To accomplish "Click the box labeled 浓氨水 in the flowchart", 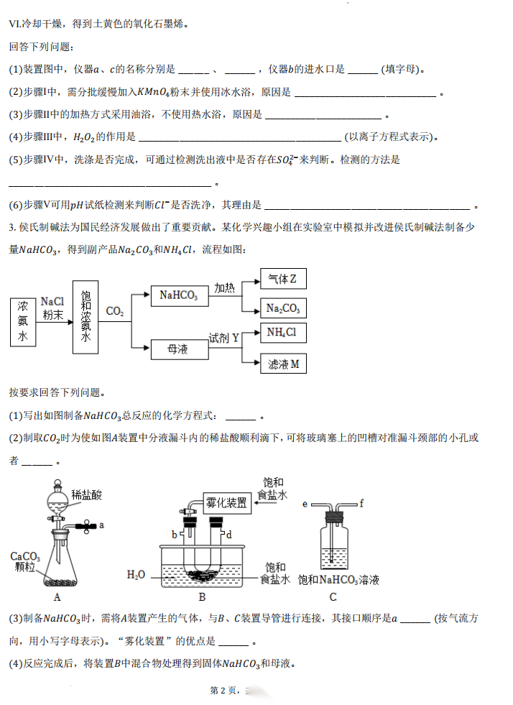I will click(22, 323).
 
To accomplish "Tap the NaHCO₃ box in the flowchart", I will click(178, 295).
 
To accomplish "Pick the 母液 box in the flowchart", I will click(177, 349).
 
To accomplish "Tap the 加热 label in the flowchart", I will click(224, 287).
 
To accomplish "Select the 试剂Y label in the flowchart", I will click(223, 337).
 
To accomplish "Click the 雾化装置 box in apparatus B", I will click(226, 501).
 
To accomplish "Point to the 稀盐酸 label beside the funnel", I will click(87, 494).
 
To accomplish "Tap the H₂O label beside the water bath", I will click(136, 574).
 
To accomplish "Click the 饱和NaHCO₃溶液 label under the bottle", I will click(338, 579).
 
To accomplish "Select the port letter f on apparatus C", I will click(361, 504).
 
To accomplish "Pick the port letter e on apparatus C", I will click(305, 504).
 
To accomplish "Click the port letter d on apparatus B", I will click(229, 535).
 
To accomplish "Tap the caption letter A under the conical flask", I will click(57, 596).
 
